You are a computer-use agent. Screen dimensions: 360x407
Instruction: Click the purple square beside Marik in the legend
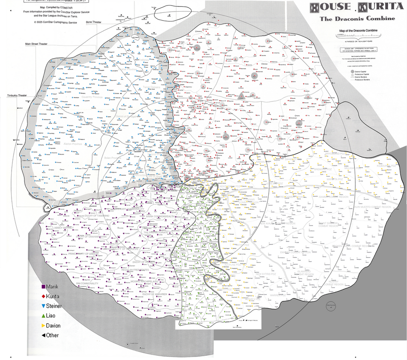tap(44, 286)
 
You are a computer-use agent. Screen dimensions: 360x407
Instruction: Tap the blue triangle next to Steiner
tap(44, 306)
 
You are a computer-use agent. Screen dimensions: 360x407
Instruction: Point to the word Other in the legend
tap(52, 336)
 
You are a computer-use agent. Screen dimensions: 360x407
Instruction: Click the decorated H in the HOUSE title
tap(315, 7)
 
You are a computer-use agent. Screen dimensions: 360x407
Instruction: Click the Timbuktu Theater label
tap(17, 95)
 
